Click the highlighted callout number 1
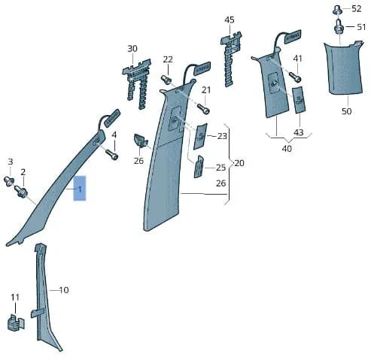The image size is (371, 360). [x=80, y=189]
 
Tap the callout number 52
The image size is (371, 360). [x=357, y=9]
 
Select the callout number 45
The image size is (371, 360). [x=230, y=20]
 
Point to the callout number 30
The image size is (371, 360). [x=132, y=48]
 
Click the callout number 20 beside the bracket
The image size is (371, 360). [x=239, y=163]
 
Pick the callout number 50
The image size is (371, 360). [x=346, y=111]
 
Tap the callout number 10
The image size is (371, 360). [x=64, y=290]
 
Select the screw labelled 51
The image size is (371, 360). [x=339, y=26]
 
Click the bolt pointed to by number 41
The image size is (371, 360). [x=295, y=77]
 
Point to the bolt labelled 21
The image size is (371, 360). [x=203, y=109]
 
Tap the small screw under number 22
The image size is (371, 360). [x=166, y=80]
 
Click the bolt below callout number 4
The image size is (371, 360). [x=112, y=154]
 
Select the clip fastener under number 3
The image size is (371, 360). [x=9, y=181]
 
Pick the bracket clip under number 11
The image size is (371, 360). [x=16, y=322]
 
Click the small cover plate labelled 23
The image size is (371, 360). [x=200, y=136]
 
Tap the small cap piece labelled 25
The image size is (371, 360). [x=199, y=167]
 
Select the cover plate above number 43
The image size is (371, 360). [x=300, y=100]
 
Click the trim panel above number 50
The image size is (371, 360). [x=344, y=68]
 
